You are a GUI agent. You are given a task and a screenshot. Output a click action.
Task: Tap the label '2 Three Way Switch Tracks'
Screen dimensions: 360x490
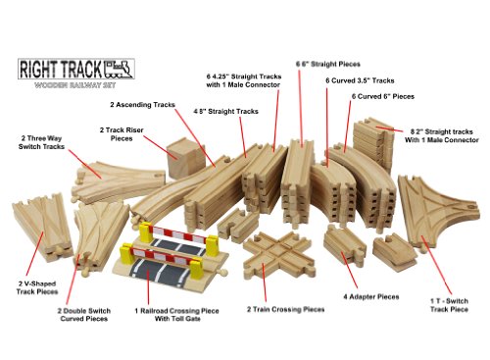pyautogui.click(x=38, y=145)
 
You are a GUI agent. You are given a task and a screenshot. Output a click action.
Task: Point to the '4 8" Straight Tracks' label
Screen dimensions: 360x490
pyautogui.click(x=226, y=112)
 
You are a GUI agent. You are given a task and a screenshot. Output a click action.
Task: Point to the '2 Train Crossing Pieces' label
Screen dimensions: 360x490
pyautogui.click(x=285, y=309)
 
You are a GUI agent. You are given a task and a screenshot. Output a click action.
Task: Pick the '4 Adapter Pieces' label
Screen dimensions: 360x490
pyautogui.click(x=371, y=296)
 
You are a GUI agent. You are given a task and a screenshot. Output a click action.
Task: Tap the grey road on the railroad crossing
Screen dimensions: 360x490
pyautogui.click(x=167, y=263)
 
